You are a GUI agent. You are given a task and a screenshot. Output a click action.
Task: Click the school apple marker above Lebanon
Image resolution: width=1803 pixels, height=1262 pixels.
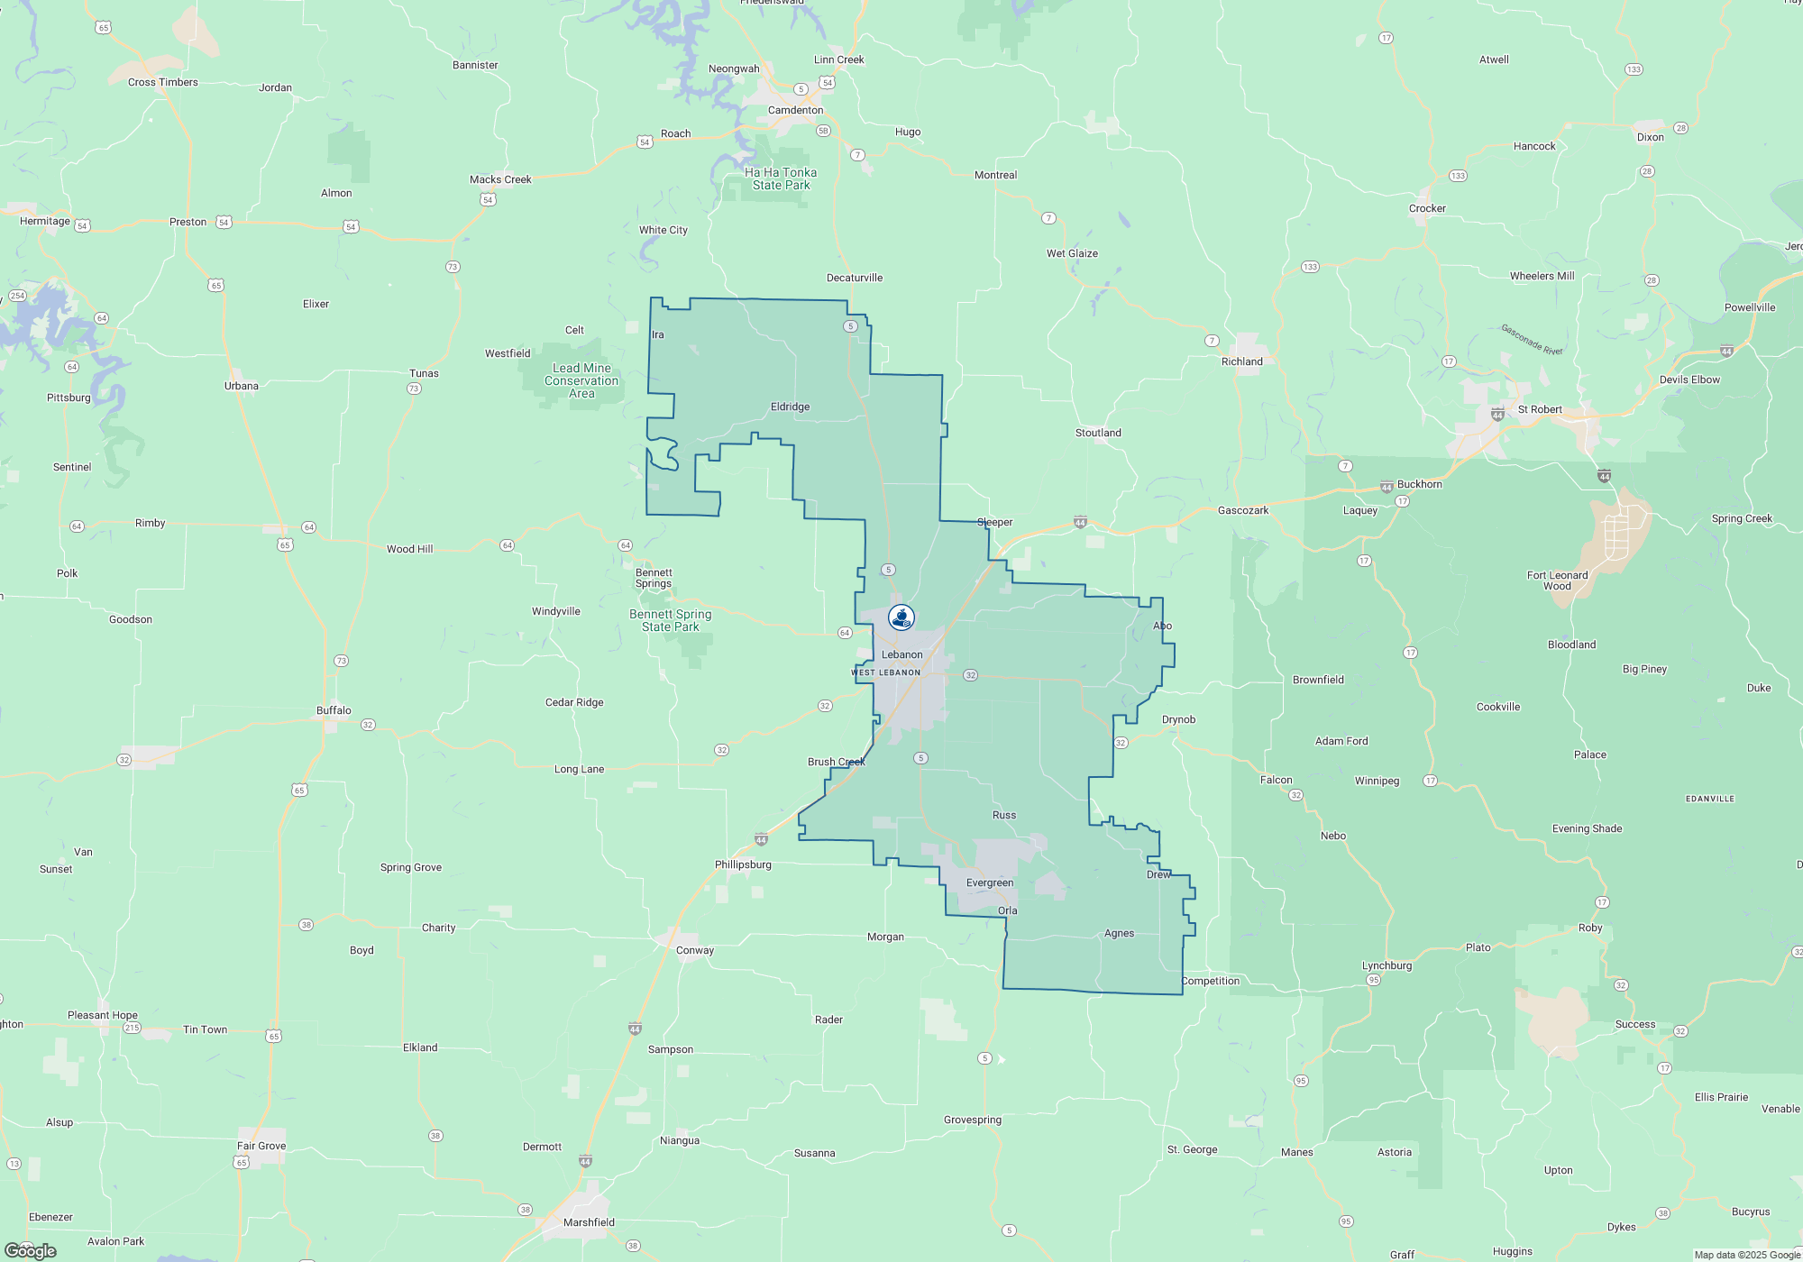[901, 617]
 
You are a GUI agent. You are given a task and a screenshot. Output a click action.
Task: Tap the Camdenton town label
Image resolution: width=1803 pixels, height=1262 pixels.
[795, 110]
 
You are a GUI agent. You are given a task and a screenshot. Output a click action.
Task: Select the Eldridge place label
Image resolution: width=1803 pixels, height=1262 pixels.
[790, 407]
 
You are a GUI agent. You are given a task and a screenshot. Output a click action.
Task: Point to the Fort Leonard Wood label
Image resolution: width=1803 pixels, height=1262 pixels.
[1557, 581]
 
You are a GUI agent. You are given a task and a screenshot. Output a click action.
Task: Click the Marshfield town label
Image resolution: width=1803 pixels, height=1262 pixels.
[589, 1222]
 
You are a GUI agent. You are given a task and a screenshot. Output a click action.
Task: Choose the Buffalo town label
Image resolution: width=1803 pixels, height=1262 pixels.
[334, 710]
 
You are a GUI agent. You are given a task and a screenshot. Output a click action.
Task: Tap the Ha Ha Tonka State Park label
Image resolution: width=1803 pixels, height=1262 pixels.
[781, 178]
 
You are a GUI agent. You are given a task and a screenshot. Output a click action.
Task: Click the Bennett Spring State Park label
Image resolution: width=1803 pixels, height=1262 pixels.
[671, 620]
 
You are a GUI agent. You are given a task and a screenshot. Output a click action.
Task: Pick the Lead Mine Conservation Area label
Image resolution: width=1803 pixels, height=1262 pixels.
[581, 380]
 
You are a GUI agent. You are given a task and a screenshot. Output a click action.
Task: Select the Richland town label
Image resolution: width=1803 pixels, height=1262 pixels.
[1241, 361]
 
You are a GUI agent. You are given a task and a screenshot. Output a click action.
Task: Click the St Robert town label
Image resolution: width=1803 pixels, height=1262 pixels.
[1540, 409]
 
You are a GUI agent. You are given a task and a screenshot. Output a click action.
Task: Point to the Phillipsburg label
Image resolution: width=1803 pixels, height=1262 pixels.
[743, 864]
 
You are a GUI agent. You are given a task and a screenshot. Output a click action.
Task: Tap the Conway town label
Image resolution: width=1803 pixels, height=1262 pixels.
[694, 950]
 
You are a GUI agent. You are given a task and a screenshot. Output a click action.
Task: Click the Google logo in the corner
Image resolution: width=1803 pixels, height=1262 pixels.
[31, 1251]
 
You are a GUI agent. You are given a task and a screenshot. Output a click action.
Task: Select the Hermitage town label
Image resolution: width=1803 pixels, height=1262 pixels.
[45, 221]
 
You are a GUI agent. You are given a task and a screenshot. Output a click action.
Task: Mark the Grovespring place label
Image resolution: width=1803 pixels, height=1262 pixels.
[973, 1120]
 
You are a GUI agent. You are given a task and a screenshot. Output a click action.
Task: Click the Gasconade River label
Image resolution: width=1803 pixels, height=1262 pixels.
[1532, 339]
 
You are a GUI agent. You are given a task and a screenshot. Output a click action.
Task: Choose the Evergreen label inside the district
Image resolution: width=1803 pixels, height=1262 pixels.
[990, 882]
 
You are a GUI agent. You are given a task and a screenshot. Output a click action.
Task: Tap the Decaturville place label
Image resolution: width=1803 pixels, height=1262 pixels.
[855, 278]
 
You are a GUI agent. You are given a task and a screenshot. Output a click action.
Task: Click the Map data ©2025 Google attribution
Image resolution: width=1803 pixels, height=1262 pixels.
[1746, 1255]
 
